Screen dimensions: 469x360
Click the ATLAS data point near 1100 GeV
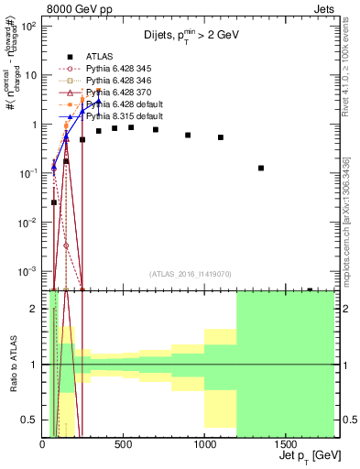(221, 137)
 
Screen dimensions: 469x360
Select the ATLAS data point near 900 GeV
(188, 135)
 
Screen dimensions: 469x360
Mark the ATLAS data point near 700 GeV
(156, 129)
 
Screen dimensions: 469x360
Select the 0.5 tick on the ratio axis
(33, 420)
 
